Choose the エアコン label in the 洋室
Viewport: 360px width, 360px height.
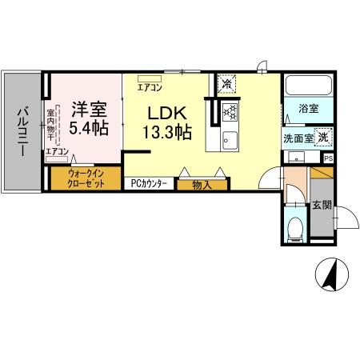tap(57, 151)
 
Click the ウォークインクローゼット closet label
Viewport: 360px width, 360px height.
tap(86, 176)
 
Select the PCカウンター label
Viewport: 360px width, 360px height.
tap(149, 182)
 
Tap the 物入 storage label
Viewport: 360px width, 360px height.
tap(201, 185)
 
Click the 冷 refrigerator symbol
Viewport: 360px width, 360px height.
tap(227, 83)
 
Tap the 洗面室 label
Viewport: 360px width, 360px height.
tap(298, 138)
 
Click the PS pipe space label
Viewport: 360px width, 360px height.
tap(328, 158)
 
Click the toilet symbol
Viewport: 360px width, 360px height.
tap(295, 227)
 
